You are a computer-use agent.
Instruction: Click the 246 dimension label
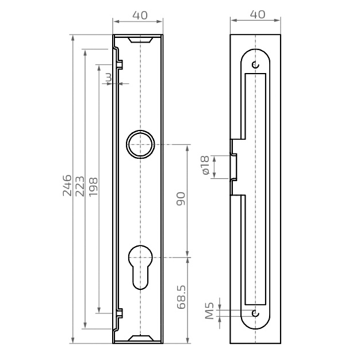67,185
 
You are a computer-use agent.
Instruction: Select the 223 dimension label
80,186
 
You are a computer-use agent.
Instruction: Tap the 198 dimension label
93,187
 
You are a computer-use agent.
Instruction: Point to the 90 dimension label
181,198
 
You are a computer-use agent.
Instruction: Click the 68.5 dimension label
181,297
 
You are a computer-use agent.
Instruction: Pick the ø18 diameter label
205,165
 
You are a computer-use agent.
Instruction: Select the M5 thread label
209,311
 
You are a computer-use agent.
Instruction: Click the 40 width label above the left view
140,16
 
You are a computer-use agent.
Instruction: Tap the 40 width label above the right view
258,14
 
